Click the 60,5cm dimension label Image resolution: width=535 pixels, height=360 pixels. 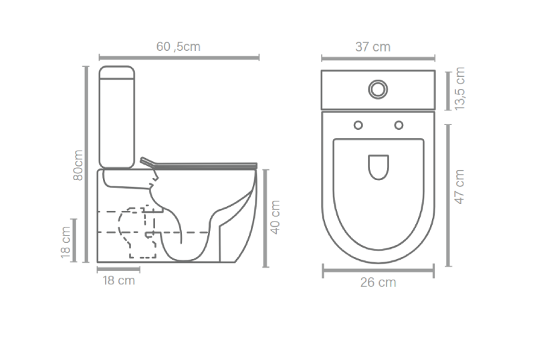coord(178,46)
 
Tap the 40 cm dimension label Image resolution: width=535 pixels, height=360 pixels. coord(275,217)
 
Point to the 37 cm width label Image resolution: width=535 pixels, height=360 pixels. coord(372,47)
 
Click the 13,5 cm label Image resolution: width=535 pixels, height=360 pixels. coord(460,89)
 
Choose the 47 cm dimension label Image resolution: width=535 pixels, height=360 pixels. coord(460,187)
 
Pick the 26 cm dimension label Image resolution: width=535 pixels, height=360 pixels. coord(378,282)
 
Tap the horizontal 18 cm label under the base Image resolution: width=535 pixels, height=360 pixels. coord(118,280)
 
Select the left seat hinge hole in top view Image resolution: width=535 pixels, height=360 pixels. coord(358,125)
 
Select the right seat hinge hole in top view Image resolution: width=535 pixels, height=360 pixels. coord(399,125)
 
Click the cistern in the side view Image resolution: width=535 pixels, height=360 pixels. coord(117,116)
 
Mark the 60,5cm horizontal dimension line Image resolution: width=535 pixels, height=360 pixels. coord(179,58)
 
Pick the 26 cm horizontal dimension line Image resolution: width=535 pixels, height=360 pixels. coord(379,270)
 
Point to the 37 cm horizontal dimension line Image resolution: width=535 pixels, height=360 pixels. coord(378,58)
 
